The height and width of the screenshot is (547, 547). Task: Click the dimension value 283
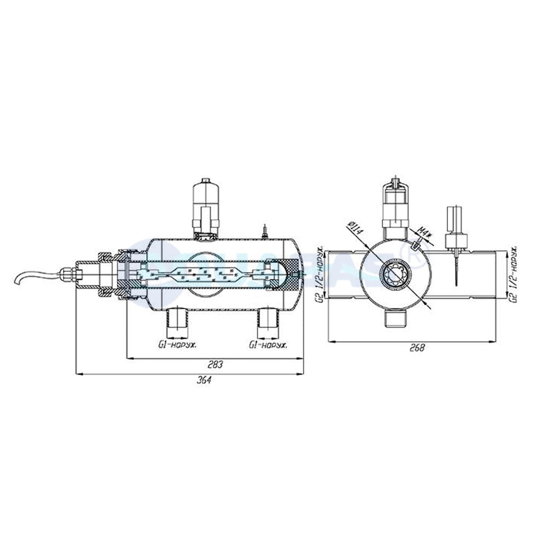click(x=215, y=364)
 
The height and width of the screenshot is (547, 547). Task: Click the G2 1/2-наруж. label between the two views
click(x=322, y=273)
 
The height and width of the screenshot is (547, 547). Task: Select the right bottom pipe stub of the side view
click(x=269, y=322)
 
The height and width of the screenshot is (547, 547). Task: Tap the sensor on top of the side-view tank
click(x=206, y=208)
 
